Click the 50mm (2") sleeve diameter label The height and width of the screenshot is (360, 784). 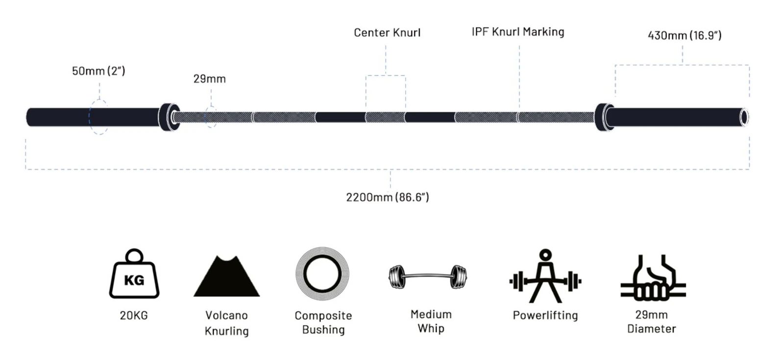pos(98,71)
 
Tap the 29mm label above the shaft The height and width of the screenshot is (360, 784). pos(210,79)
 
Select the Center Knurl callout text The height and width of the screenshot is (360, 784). pos(387,32)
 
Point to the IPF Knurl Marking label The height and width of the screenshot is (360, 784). pos(518,32)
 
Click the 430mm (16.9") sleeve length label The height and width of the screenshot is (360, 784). pos(685,35)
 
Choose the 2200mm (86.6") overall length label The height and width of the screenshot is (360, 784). pos(388,197)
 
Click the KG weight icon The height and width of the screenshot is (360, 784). pos(134,274)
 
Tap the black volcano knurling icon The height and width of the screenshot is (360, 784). pos(227,276)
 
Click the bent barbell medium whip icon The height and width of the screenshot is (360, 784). pos(428,277)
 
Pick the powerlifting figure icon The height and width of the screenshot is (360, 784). pos(545,276)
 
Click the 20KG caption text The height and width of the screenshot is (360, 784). pos(134,315)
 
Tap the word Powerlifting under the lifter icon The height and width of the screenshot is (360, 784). pos(545,315)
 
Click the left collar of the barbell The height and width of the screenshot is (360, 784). pos(169,117)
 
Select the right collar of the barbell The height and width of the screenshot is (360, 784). pos(605,117)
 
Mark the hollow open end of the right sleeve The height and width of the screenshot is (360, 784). pos(744,117)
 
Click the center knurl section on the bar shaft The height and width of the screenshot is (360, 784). pos(385,117)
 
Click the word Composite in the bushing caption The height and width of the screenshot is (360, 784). pos(323,315)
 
